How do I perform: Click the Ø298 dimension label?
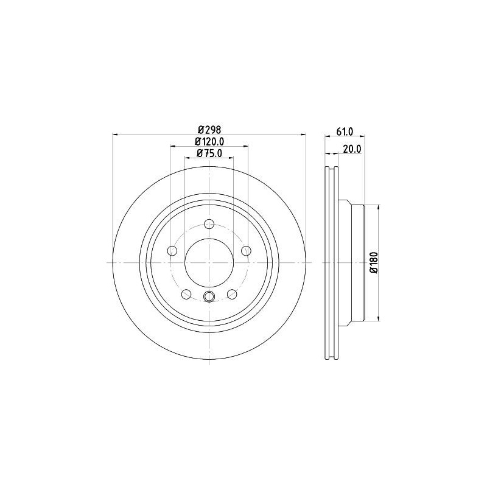tap(209, 130)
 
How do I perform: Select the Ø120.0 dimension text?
tap(209, 142)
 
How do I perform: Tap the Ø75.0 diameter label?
tap(209, 153)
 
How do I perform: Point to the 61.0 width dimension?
tap(345, 131)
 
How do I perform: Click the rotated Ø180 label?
tap(373, 262)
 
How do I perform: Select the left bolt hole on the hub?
tap(172, 250)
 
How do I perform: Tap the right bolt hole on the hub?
tap(246, 250)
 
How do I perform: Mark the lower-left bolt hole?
tap(186, 294)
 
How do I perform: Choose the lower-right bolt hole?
tap(232, 294)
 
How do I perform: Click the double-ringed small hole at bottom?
tap(209, 297)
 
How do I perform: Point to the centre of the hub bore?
tap(209, 262)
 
